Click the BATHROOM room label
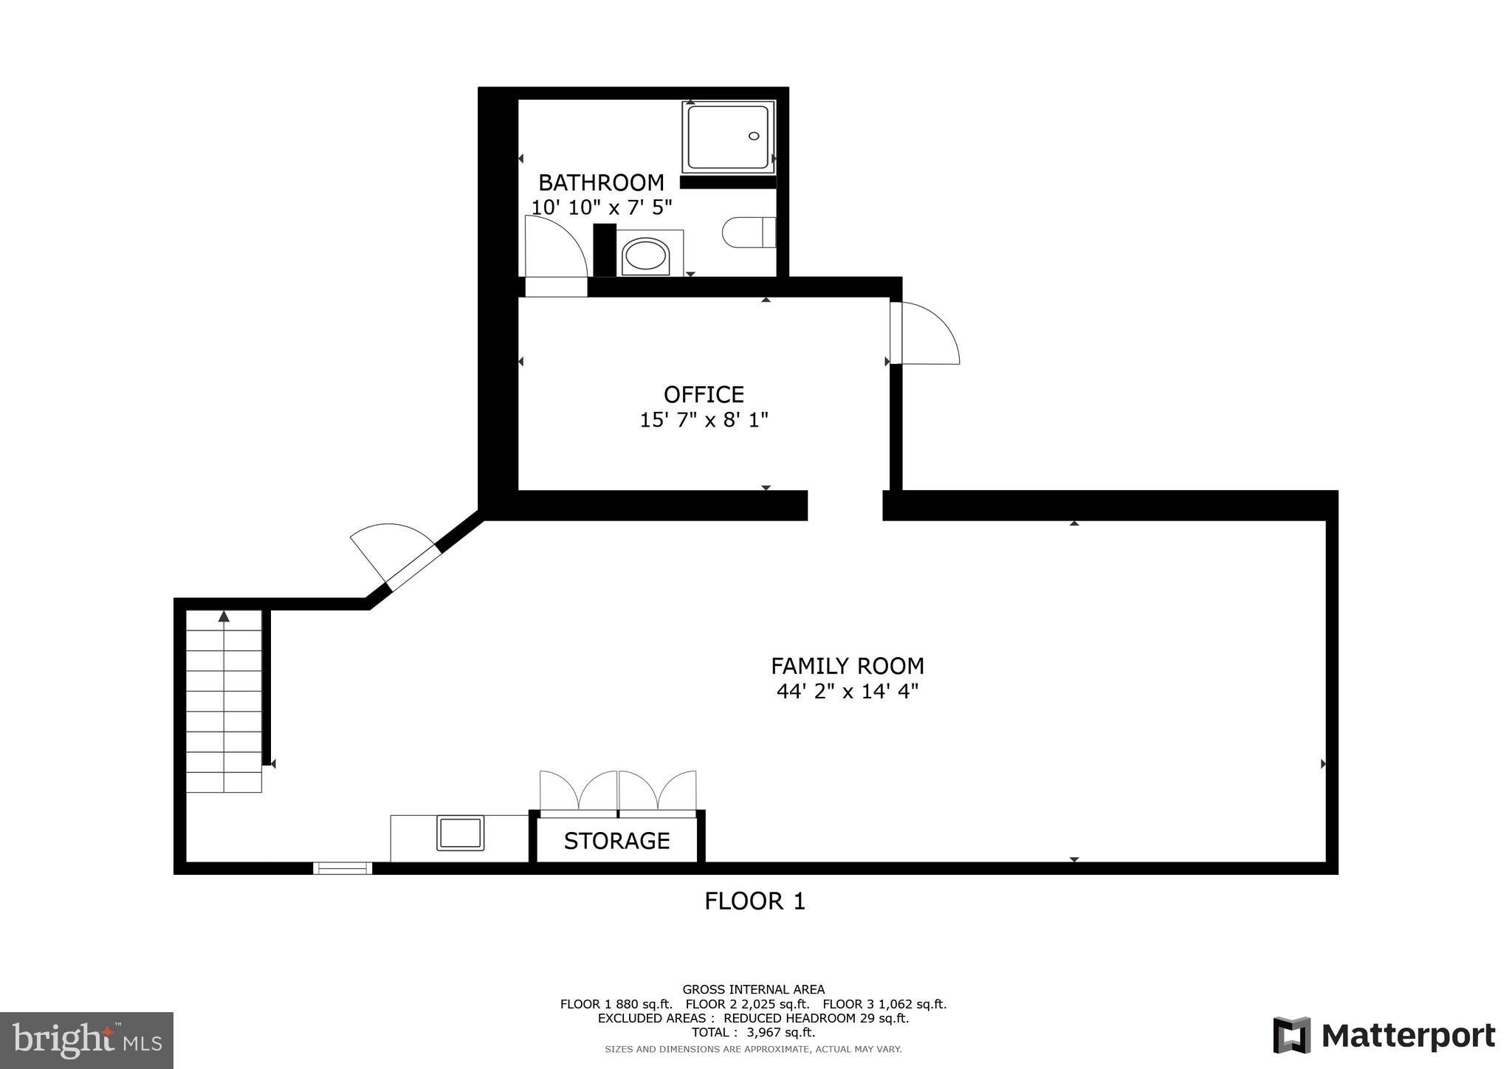click(601, 182)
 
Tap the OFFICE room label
click(704, 394)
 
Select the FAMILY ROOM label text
click(848, 666)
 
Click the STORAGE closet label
click(616, 841)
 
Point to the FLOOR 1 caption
click(755, 901)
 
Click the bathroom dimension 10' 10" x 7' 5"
click(602, 207)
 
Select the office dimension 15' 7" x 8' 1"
click(704, 420)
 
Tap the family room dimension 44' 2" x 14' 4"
click(848, 692)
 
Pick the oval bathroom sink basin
click(645, 255)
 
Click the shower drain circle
click(754, 136)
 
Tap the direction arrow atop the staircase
click(224, 616)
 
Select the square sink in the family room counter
click(461, 833)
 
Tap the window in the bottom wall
click(343, 868)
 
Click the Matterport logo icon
click(1291, 1035)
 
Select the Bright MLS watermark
click(86, 1041)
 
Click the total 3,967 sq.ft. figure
click(753, 1033)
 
